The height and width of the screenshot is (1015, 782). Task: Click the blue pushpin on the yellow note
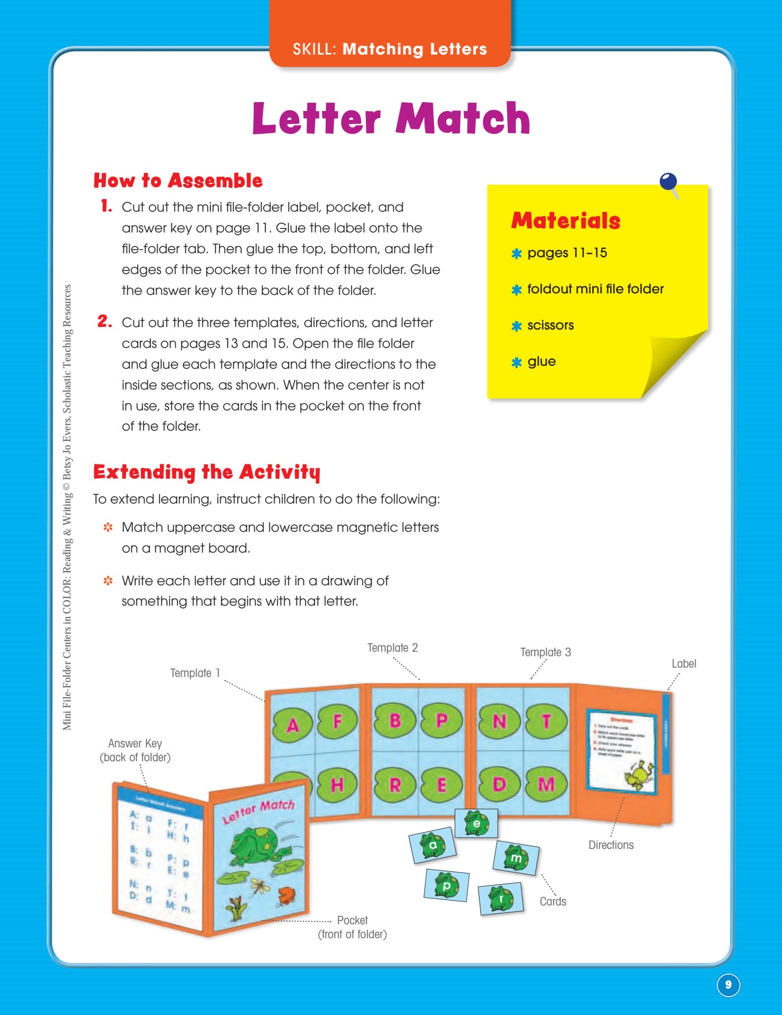coord(668,182)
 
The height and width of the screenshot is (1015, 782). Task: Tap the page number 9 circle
coord(728,984)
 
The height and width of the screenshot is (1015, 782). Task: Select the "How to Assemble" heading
coord(178,180)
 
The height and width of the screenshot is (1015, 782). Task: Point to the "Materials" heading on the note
coord(566,221)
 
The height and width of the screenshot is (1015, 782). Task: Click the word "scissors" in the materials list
coord(550,325)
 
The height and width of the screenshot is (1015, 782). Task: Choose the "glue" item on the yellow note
coord(541,361)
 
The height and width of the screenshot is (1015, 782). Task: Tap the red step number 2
coord(105,322)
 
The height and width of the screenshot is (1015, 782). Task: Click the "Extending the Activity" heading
coord(207,472)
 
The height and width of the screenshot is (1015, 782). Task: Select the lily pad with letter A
coord(293,726)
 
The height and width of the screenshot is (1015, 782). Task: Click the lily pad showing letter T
coord(546,722)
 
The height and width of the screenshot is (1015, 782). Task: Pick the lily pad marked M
coord(546,784)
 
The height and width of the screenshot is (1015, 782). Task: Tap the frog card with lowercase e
coord(476,823)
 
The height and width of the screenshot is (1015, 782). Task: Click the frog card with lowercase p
coord(446,885)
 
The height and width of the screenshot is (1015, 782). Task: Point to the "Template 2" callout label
coord(392,648)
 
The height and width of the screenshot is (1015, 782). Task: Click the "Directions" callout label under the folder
coord(611,845)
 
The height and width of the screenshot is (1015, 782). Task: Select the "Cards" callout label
coord(553,902)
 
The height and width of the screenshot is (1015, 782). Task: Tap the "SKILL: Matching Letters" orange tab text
coord(390,49)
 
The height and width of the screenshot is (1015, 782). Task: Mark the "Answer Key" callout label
coord(135,750)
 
